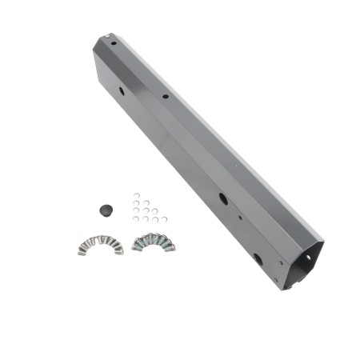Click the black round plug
[106, 210]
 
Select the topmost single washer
[137, 195]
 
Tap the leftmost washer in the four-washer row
[136, 218]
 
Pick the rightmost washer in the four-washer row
[164, 219]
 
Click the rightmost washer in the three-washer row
[154, 211]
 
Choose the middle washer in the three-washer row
[146, 210]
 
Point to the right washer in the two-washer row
[146, 202]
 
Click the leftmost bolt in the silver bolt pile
[82, 250]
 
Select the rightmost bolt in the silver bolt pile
[120, 250]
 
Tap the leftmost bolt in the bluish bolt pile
[135, 246]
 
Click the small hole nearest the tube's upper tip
[114, 43]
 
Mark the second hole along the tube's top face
[165, 97]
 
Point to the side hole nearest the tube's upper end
[122, 91]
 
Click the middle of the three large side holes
[223, 199]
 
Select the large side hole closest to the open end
[257, 259]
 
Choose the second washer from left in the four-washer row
[146, 218]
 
